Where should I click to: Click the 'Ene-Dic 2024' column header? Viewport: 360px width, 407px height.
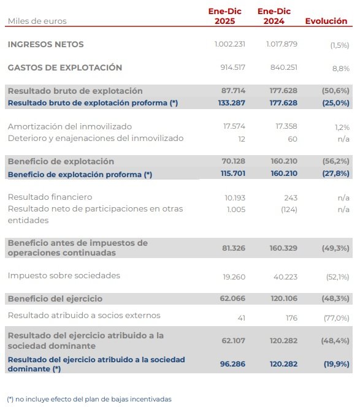pos(274,16)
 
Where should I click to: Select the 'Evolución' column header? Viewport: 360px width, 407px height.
pos(326,21)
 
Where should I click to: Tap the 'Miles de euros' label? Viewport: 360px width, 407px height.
pos(37,21)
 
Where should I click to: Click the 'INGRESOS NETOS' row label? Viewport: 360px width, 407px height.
pos(45,44)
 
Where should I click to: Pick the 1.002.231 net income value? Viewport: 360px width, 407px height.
pos(230,45)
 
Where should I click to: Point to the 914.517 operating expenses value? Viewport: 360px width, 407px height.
pos(232,68)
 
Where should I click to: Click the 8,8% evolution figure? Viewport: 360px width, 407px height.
pos(340,69)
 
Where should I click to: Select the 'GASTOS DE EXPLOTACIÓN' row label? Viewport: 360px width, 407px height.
pos(64,67)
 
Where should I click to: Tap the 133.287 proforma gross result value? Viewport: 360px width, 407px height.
pos(232,103)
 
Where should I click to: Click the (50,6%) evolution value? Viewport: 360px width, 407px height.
pos(335,91)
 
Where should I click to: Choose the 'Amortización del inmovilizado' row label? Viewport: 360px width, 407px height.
pos(69,126)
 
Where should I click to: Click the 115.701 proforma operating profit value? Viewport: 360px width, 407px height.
pos(232,175)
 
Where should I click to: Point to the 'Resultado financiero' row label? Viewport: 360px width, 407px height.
pos(50,197)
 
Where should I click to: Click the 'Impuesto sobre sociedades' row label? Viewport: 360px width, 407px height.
pos(64,275)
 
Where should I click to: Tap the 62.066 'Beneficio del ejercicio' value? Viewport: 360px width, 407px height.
pos(233,299)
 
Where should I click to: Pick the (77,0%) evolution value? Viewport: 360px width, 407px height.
pos(336,318)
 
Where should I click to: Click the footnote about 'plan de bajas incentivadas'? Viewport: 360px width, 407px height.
pos(90,399)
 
